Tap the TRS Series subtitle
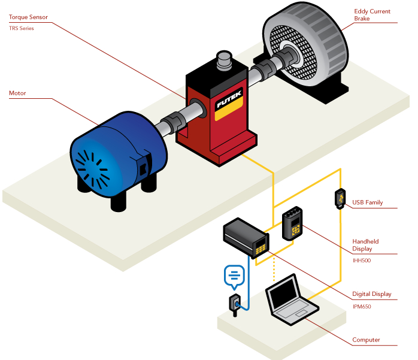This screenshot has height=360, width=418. click(x=22, y=28)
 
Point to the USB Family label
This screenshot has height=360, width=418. click(x=368, y=202)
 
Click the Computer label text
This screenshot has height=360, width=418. click(x=366, y=340)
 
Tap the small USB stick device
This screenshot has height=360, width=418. click(x=339, y=199)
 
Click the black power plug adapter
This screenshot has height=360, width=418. click(x=234, y=304)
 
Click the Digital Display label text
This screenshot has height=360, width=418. click(x=372, y=294)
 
